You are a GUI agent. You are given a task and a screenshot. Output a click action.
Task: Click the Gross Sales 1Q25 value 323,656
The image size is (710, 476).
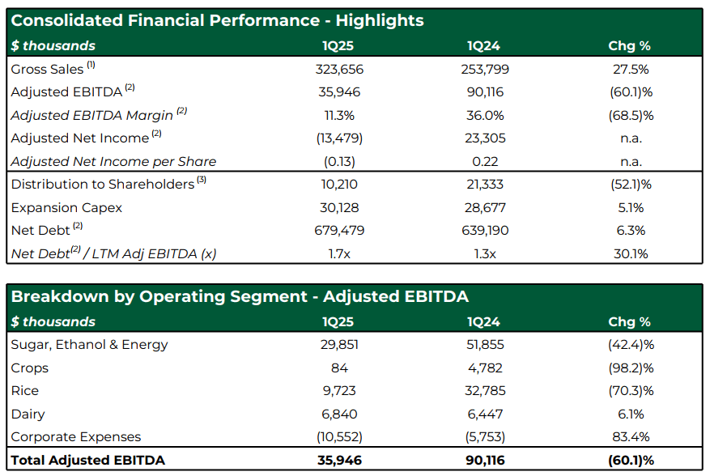[x=339, y=70]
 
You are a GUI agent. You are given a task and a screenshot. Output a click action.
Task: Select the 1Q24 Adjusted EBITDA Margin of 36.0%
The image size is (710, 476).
[x=485, y=116]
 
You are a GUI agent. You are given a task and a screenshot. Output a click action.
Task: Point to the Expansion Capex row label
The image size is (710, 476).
[x=66, y=208]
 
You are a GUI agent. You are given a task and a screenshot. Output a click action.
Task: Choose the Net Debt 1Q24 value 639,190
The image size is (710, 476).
[x=485, y=231]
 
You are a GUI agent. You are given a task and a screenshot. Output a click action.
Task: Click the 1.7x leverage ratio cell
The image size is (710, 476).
[x=339, y=253]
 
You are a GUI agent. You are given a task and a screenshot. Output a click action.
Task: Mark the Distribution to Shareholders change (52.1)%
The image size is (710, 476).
[x=631, y=185]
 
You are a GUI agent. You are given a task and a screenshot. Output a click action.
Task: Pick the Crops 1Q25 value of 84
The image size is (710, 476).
[x=339, y=368]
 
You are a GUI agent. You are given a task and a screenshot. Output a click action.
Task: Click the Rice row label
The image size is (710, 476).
[x=25, y=391]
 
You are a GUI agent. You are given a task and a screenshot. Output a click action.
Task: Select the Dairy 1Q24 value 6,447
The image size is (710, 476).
[x=485, y=414]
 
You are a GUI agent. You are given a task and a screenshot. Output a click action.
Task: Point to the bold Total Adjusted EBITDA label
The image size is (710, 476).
[x=88, y=460]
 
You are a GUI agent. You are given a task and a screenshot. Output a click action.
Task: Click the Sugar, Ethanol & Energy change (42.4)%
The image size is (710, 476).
[x=631, y=345]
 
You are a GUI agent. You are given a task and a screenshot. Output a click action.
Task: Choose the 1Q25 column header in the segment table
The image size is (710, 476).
[x=338, y=321]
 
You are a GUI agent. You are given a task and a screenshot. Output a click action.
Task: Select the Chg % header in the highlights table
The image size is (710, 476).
[x=629, y=46]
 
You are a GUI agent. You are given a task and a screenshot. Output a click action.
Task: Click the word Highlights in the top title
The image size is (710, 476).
[x=380, y=21]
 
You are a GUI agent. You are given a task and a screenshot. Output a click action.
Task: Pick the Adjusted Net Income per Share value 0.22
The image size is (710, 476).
[x=485, y=162]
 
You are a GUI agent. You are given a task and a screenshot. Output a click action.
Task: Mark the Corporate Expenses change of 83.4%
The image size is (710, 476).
[x=631, y=437]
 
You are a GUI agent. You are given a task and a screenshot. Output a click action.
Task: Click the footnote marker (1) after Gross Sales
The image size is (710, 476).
[x=91, y=65]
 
